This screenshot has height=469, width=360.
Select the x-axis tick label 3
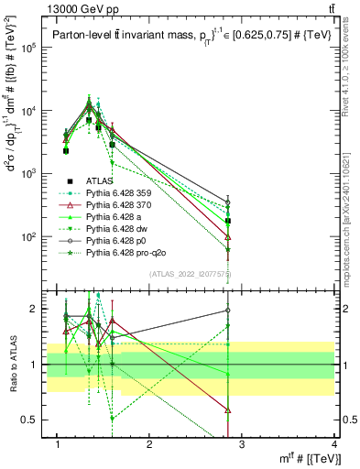(x=242, y=444)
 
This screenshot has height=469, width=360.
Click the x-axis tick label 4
(x=334, y=444)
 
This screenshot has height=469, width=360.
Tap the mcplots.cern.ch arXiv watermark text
(x=352, y=210)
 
